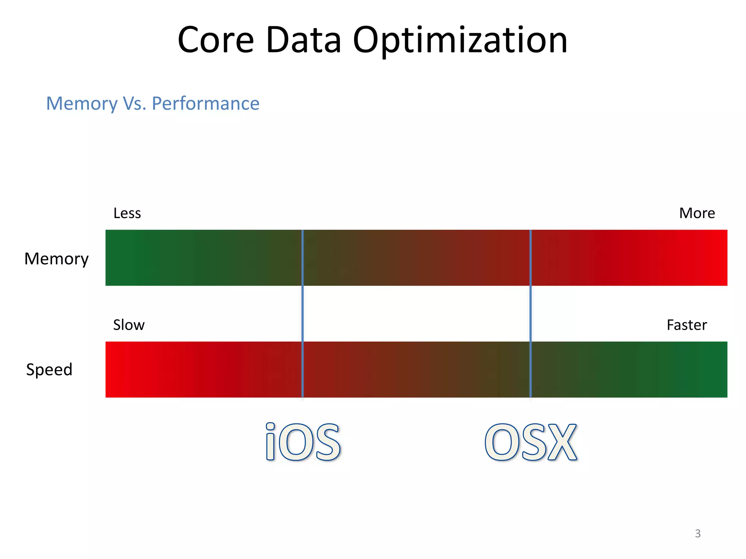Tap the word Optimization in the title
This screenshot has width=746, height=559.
[460, 41]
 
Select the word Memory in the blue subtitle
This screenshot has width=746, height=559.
[82, 104]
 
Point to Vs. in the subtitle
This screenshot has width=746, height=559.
[134, 104]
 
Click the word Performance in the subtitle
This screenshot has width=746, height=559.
[205, 104]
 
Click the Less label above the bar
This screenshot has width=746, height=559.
[127, 213]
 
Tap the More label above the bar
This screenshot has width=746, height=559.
[697, 213]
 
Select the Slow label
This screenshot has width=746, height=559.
[129, 325]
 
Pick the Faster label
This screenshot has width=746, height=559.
[687, 325]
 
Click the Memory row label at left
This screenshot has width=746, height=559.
[56, 259]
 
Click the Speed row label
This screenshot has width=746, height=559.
[49, 370]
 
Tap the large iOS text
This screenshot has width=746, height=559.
[303, 442]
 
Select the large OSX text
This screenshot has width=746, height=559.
[531, 442]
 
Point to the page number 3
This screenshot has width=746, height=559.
[698, 534]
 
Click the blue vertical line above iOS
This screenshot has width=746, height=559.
[303, 313]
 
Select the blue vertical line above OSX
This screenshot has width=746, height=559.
[530, 313]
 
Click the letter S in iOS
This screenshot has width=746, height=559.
[327, 443]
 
